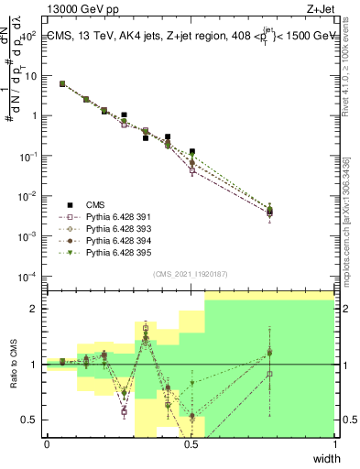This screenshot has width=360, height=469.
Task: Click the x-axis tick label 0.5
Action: (191, 444)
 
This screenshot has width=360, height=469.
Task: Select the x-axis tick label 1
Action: (334, 444)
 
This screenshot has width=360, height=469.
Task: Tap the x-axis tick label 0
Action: (47, 444)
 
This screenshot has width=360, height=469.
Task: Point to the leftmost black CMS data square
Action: (62, 83)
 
